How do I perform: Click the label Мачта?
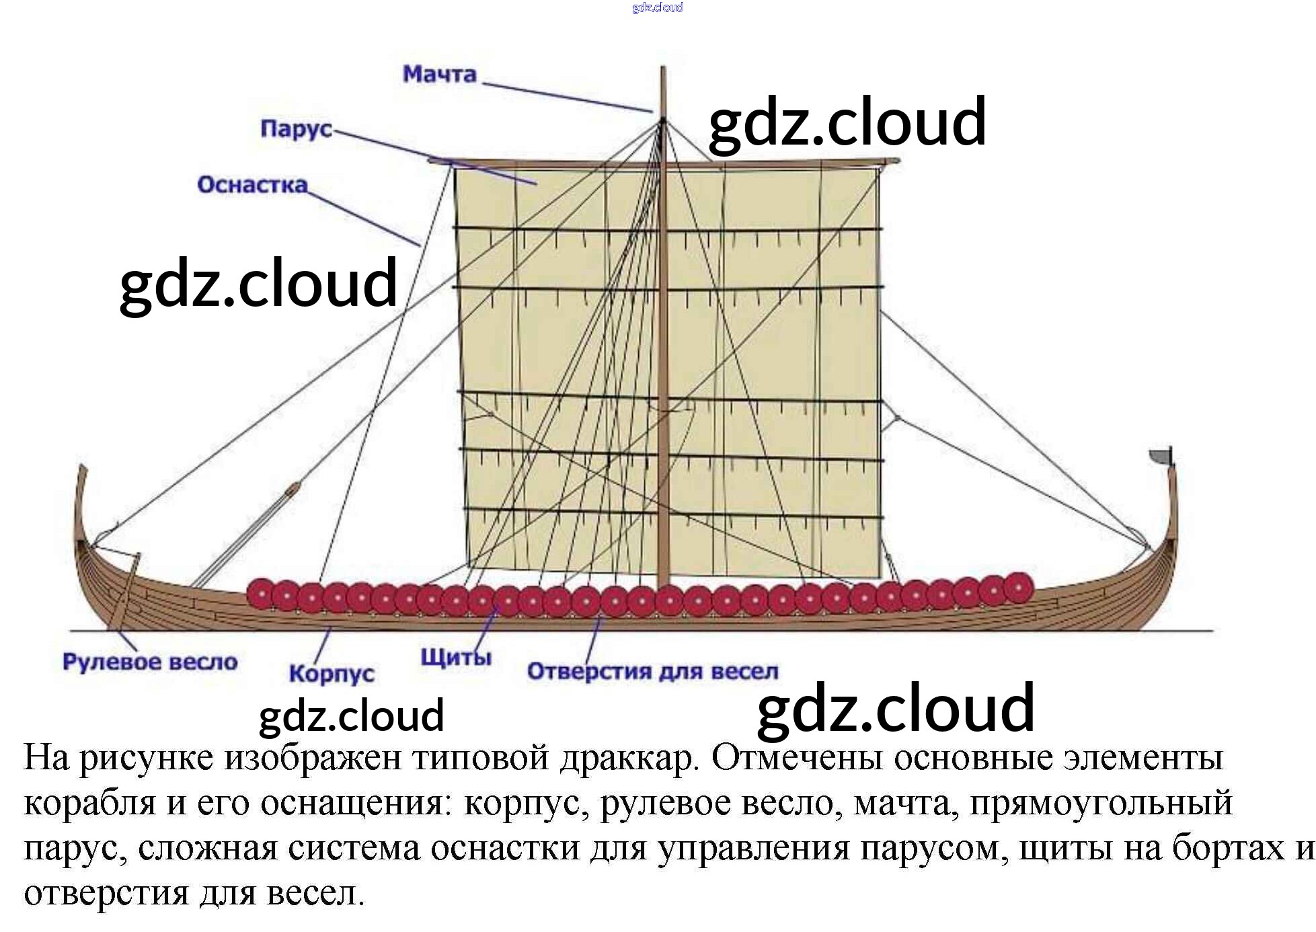click(x=439, y=74)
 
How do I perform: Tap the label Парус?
click(x=296, y=128)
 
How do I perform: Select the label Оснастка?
click(x=252, y=185)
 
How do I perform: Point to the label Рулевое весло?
click(x=150, y=662)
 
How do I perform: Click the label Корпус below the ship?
click(x=331, y=673)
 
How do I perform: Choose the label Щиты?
click(x=456, y=657)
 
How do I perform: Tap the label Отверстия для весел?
click(x=652, y=671)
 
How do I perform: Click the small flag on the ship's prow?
click(x=1161, y=455)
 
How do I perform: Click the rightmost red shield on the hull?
click(x=1017, y=588)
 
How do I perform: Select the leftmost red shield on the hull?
click(x=262, y=594)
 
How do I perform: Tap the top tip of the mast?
click(x=663, y=69)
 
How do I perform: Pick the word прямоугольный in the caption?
click(x=1101, y=804)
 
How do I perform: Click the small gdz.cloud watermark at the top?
click(x=657, y=7)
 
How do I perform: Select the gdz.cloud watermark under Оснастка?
click(x=258, y=284)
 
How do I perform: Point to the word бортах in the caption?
click(x=1229, y=849)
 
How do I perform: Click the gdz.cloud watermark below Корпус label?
click(x=351, y=715)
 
